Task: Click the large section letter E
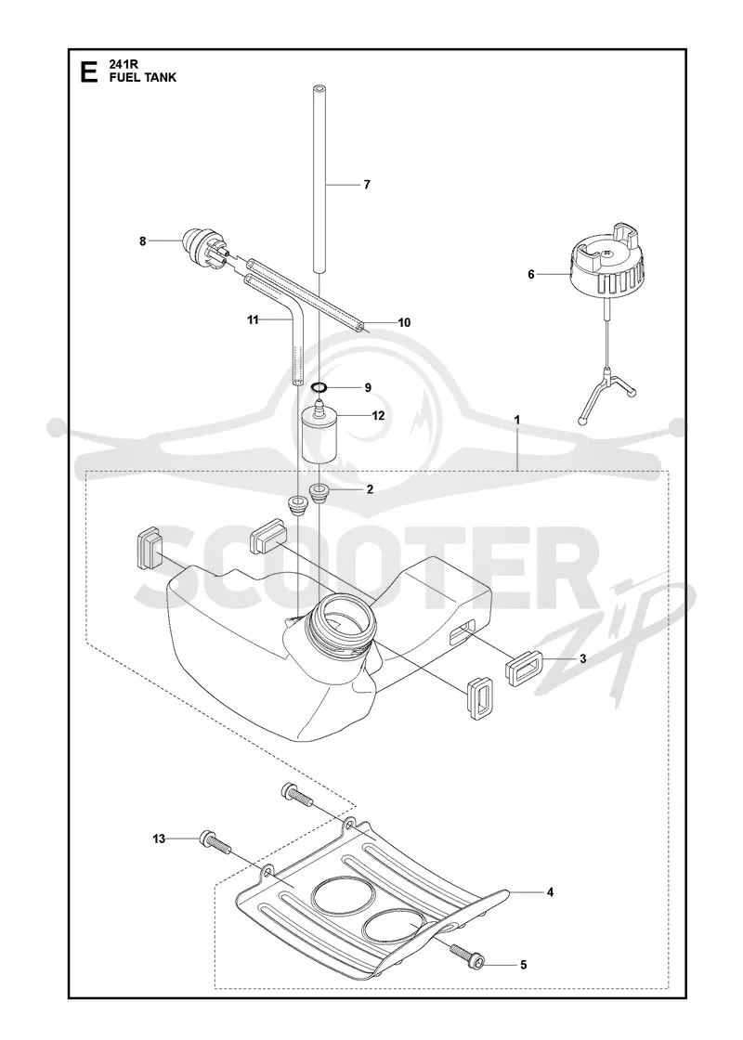pos(87,72)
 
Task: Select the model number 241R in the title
pos(122,66)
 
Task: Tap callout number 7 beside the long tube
pos(367,185)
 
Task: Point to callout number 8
pos(143,241)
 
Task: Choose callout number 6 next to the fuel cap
pos(530,274)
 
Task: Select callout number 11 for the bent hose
pos(252,320)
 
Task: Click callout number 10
pos(404,322)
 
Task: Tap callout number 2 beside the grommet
pos(370,489)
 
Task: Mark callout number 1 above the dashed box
pos(516,420)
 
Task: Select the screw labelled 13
pos(214,844)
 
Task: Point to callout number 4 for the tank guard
pos(550,892)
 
